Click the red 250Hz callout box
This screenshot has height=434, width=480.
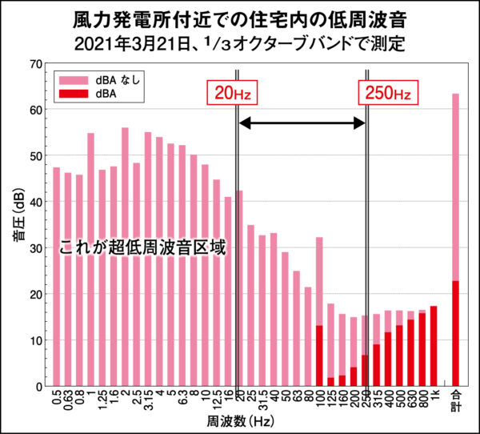pos(387,93)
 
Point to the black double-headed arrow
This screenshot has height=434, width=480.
pos(302,123)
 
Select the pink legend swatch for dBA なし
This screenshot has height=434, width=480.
pos(72,80)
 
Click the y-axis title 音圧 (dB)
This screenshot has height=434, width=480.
pos(17,224)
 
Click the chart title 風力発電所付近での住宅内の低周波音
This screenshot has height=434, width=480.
pos(239,18)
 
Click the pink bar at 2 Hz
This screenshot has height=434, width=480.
pos(125,256)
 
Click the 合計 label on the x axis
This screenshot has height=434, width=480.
pos(456,400)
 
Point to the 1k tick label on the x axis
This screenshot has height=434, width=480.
pos(434,396)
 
